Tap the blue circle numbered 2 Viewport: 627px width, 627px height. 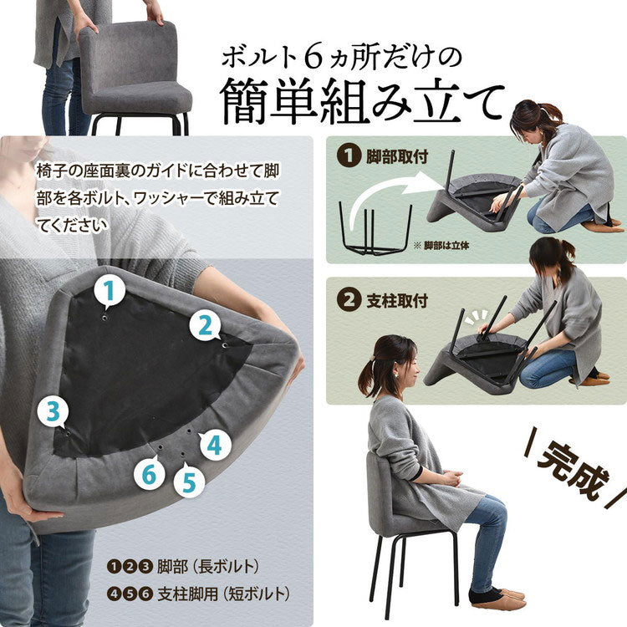click(x=205, y=325)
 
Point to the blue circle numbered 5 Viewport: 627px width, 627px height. click(x=189, y=482)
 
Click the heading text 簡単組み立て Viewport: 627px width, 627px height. click(x=361, y=102)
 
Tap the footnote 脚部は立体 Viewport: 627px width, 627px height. click(x=444, y=246)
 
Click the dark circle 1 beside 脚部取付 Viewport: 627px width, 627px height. click(x=345, y=155)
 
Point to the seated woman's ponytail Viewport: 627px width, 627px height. click(x=368, y=380)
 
